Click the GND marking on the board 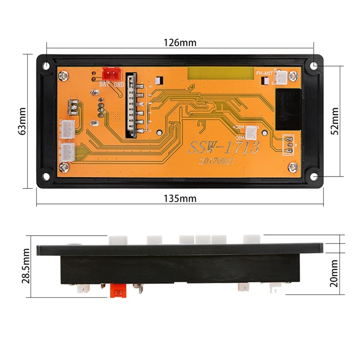(x=119, y=84)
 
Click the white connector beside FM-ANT (x=282, y=78)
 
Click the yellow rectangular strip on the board (x=221, y=73)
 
